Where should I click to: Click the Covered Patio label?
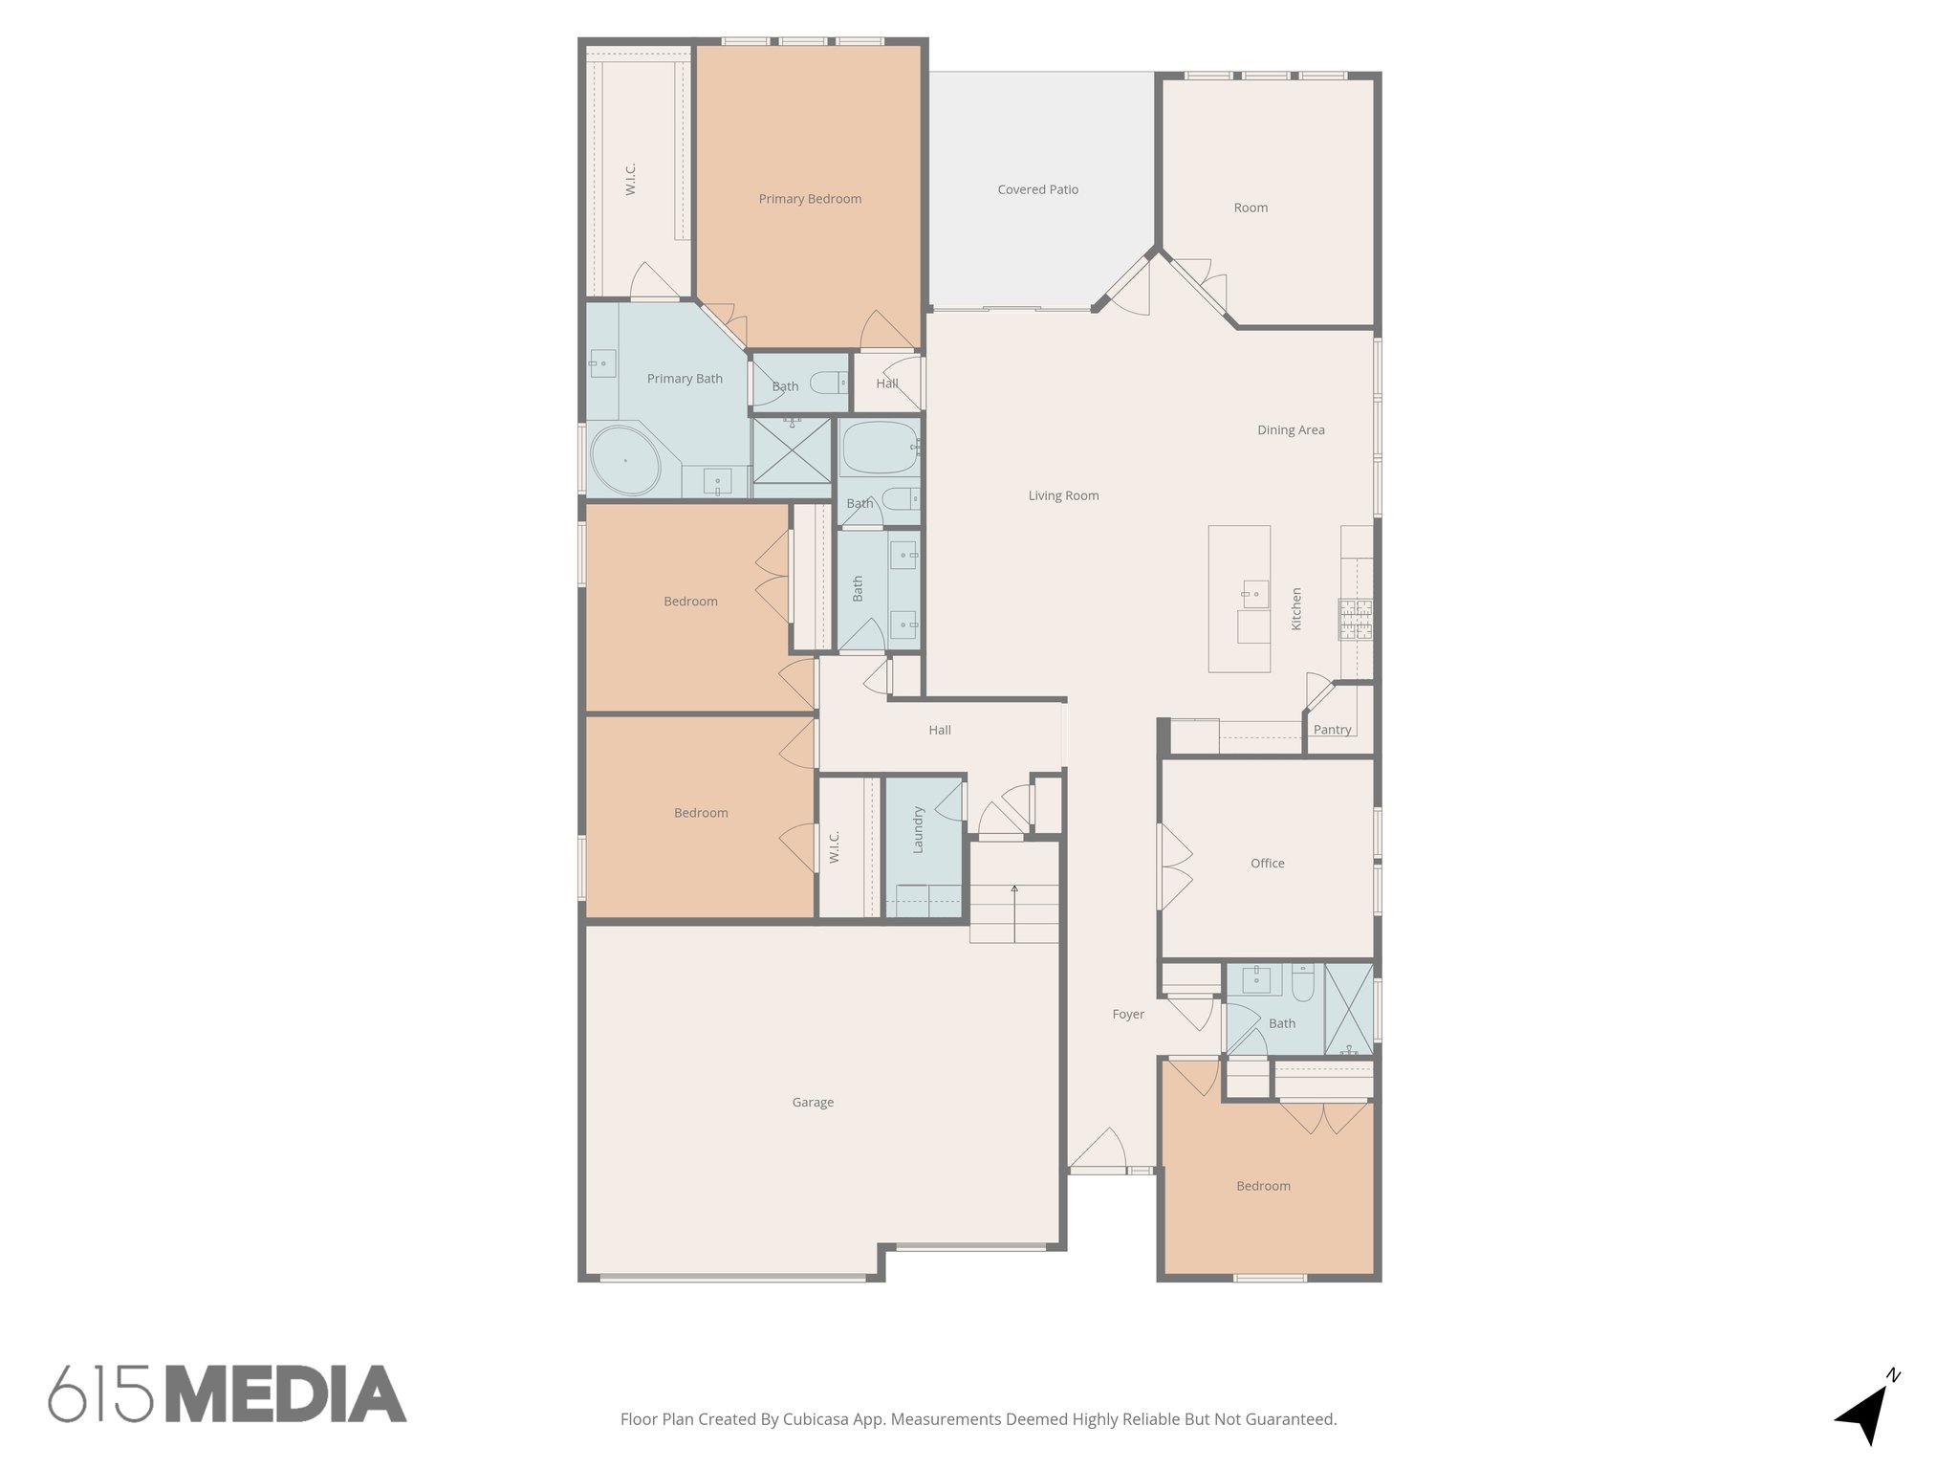point(1037,189)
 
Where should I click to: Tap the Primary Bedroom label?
point(810,199)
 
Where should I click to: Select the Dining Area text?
point(1291,430)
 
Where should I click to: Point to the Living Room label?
point(1063,495)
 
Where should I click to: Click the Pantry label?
point(1332,730)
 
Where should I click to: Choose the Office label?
point(1267,864)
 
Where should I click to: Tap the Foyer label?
point(1128,1014)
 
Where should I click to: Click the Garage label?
point(813,1103)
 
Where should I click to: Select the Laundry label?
point(918,830)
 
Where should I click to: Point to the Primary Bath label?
point(685,379)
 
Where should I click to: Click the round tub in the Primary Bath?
point(625,461)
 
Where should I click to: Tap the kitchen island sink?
point(1254,594)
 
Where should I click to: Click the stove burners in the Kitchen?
point(1355,618)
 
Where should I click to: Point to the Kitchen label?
point(1297,608)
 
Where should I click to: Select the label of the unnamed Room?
point(1251,208)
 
